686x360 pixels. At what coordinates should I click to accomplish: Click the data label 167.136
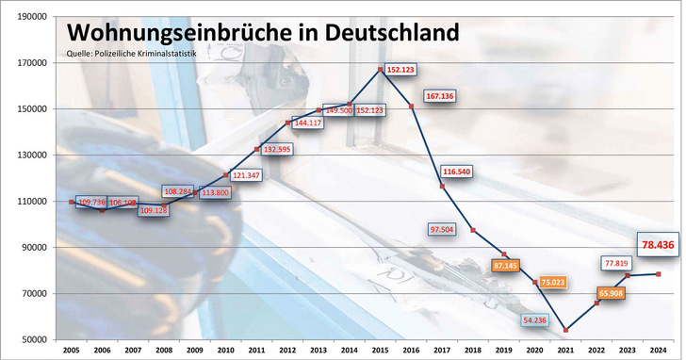(440, 96)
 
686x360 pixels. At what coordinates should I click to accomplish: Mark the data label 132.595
(277, 150)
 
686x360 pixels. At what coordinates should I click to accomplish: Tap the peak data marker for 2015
(380, 69)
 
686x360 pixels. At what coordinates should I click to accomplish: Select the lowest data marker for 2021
(565, 330)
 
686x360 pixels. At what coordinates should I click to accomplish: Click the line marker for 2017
(441, 186)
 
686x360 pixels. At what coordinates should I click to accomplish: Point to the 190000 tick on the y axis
(32, 17)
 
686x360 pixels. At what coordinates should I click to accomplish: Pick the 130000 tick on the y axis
(32, 155)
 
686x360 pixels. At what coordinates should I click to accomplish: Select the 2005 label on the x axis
(72, 351)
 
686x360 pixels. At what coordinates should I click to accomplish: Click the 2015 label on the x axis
(380, 351)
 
